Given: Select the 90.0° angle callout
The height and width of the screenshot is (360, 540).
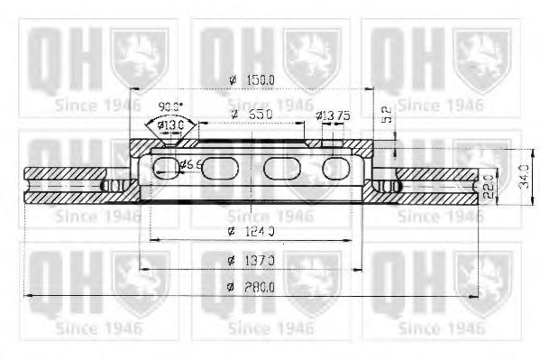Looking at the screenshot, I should (x=169, y=106).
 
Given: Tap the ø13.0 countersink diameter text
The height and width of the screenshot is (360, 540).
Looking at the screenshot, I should (x=170, y=125).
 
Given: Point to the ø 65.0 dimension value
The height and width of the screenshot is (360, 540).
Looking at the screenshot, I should (x=252, y=115).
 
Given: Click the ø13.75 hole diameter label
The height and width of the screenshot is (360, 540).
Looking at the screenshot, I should (x=334, y=115).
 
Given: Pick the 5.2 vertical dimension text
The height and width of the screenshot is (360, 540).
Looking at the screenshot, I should (x=385, y=115).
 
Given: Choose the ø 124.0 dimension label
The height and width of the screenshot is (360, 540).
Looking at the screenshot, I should (x=252, y=232).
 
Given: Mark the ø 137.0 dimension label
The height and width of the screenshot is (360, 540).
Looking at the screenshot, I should (x=252, y=260).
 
